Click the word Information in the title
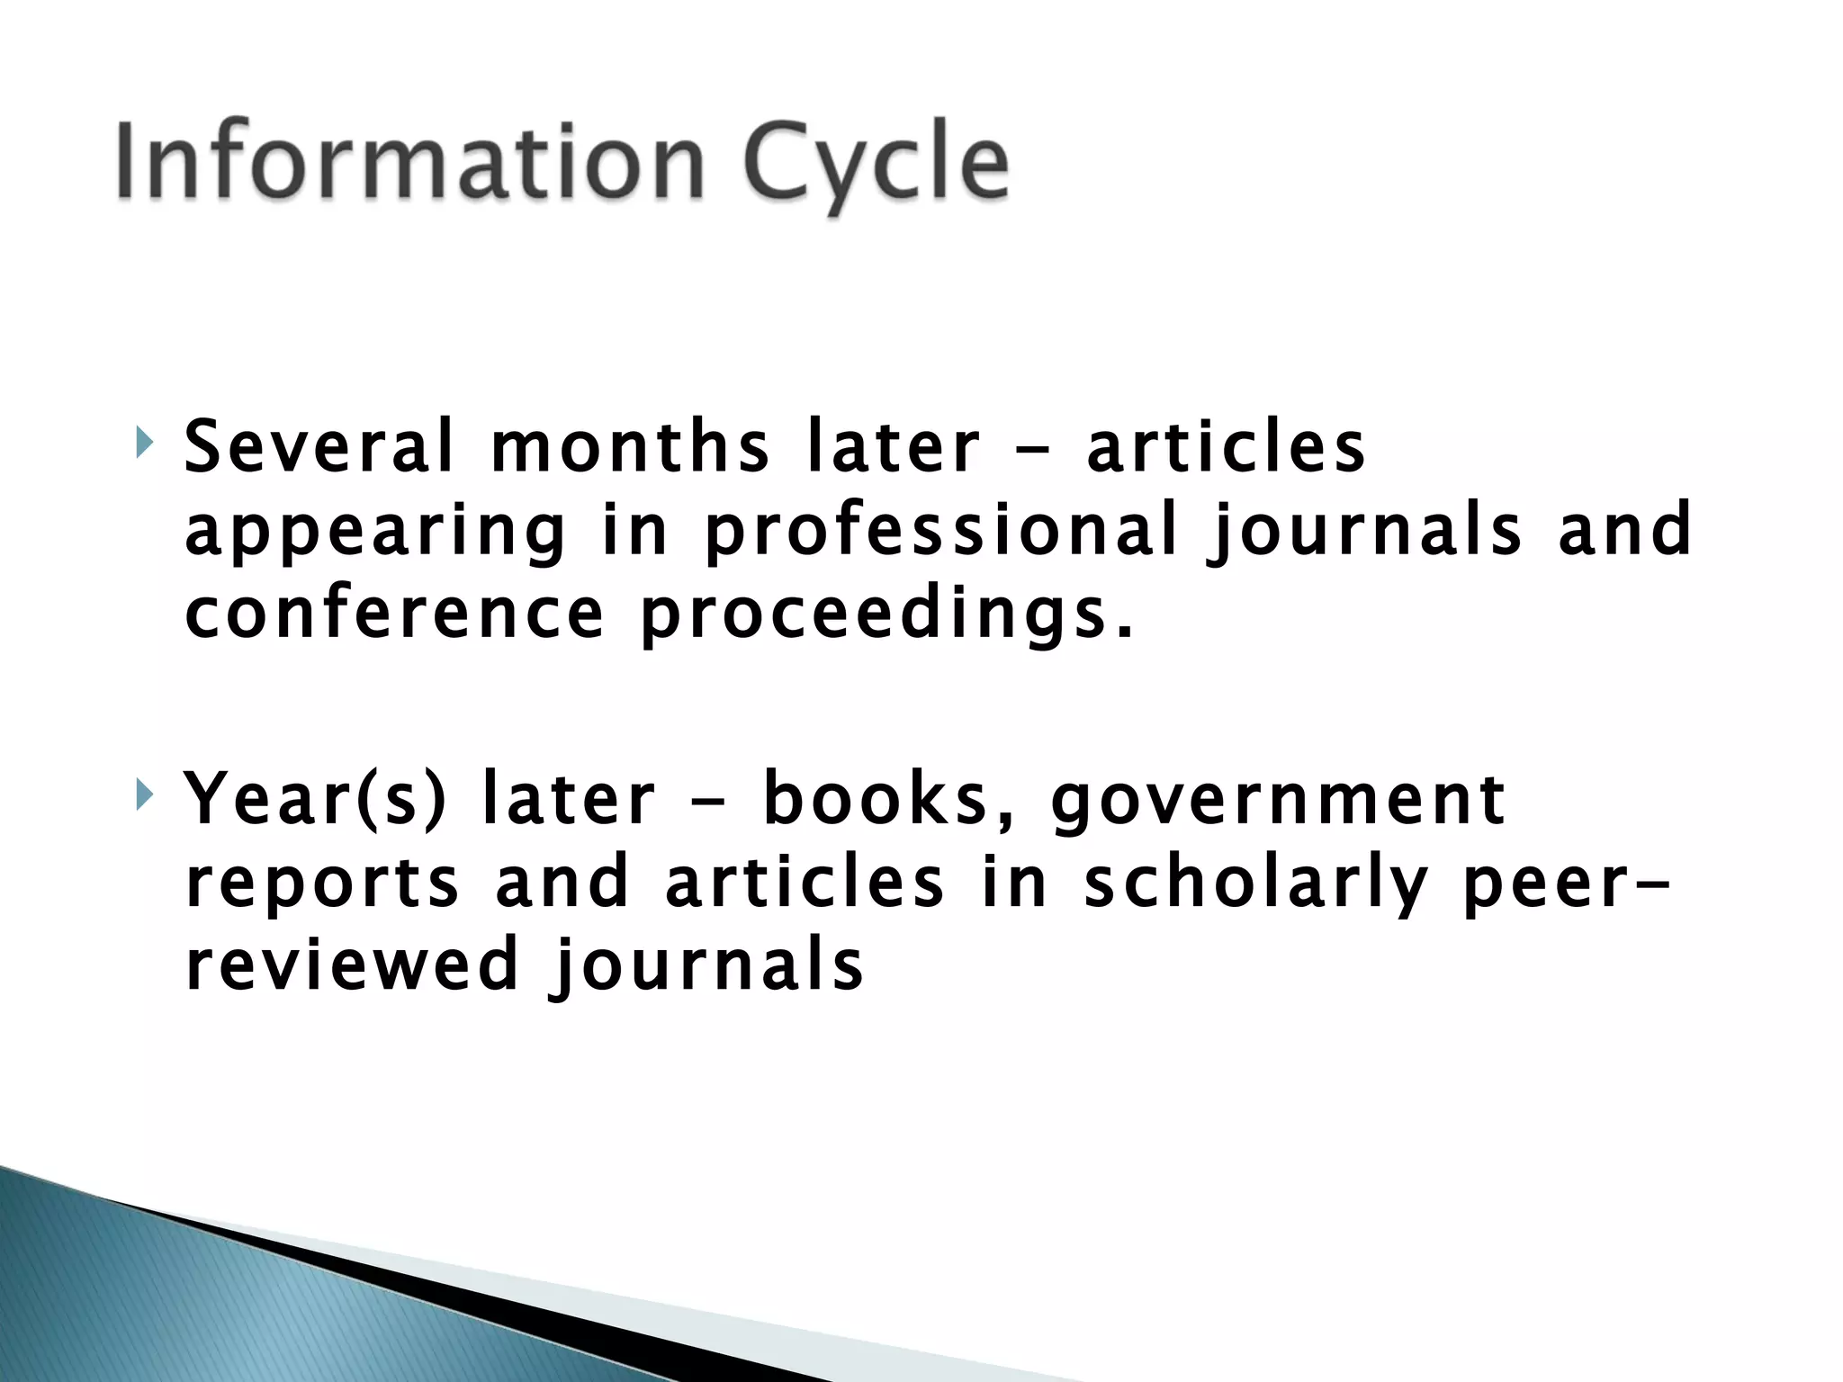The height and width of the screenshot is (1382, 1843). coord(409,162)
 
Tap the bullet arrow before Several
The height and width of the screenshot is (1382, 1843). coord(145,444)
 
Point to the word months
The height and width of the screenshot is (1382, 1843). coord(630,447)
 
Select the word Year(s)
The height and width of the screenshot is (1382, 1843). coord(315,799)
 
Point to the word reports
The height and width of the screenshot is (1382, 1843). coord(322,884)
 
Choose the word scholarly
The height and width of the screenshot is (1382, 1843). coord(1255,884)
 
